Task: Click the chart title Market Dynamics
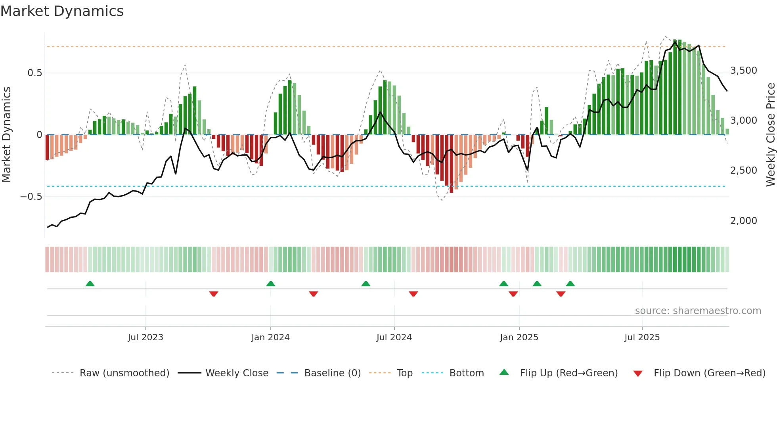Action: coord(62,11)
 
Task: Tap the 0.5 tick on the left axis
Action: coord(34,73)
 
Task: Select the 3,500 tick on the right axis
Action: coord(743,71)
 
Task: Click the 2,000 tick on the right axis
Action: coord(743,221)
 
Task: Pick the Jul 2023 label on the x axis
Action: coord(145,337)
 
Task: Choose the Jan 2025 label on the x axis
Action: coord(519,337)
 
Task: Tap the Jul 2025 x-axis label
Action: coord(642,337)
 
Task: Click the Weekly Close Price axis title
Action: coord(770,135)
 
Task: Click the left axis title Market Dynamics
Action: coord(6,135)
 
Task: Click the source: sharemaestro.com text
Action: coord(698,311)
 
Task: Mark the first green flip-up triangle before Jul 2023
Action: coord(90,284)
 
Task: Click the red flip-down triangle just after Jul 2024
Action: coord(413,294)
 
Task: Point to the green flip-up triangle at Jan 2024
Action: coord(271,284)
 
